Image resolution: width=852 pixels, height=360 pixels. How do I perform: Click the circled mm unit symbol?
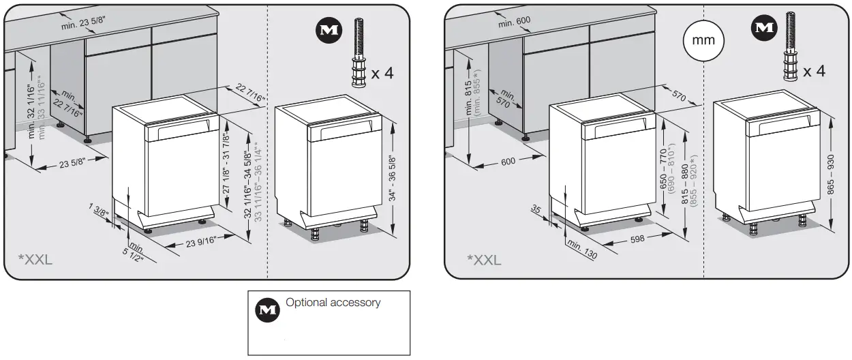tap(703, 40)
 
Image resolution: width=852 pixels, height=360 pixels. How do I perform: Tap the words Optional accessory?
tap(333, 302)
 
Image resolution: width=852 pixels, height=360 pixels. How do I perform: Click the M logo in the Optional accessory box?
tap(263, 310)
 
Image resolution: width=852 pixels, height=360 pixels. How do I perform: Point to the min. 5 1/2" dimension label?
tap(136, 254)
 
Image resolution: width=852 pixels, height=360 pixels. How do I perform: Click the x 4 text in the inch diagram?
tap(382, 72)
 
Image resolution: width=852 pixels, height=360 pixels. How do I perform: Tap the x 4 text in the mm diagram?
tap(814, 70)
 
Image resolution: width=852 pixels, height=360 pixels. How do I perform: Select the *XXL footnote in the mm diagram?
tap(483, 259)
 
